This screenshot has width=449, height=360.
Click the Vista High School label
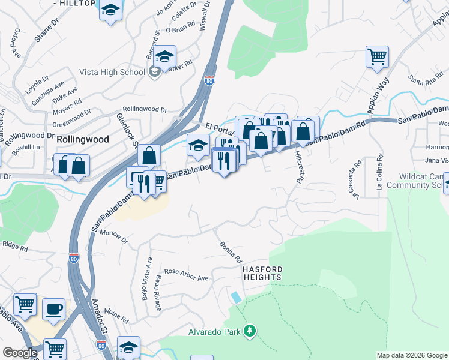pos(112,73)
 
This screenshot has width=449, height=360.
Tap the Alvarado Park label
pos(214,332)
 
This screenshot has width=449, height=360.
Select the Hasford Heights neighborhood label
pos(262,274)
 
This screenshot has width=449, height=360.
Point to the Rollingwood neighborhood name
pos(83,139)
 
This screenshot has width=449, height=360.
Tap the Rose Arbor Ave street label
pos(186,275)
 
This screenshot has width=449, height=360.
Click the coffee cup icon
pos(54,308)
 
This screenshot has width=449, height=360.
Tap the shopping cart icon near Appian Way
pos(377,57)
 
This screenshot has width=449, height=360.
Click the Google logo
pos(20,353)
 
